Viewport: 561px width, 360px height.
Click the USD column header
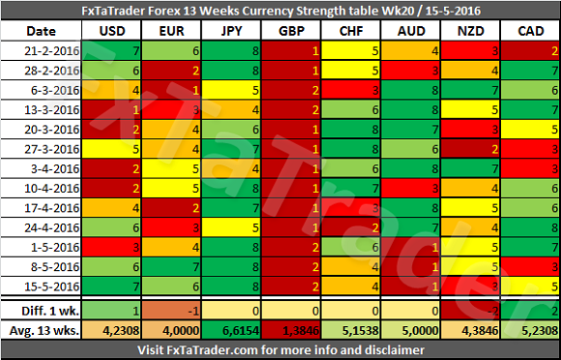[112, 31]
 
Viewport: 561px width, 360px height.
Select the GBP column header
[291, 31]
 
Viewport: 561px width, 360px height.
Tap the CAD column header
[531, 31]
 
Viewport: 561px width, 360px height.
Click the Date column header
[42, 31]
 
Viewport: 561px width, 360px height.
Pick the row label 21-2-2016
[51, 51]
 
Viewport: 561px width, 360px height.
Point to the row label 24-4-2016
[51, 227]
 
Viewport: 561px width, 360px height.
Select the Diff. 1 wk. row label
[50, 311]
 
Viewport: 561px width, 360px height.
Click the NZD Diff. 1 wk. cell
[471, 311]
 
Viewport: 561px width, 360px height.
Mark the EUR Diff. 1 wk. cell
[172, 311]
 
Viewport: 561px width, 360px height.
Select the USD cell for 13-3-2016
[112, 110]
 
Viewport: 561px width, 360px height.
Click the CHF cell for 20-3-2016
[351, 129]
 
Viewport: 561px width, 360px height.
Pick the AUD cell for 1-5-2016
[411, 248]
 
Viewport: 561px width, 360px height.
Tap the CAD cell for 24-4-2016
[531, 227]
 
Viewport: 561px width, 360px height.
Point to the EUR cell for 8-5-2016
[172, 267]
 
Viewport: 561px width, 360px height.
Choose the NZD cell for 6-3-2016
[471, 90]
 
